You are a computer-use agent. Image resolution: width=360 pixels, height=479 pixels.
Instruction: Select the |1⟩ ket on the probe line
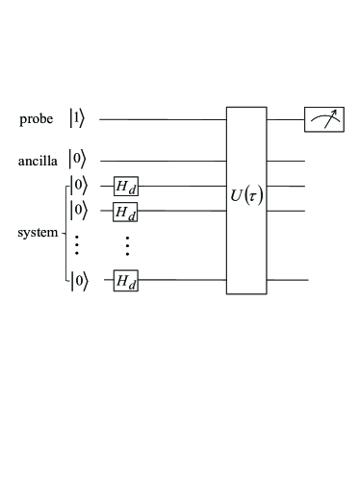click(78, 119)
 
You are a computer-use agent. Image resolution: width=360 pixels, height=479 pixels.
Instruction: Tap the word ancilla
click(38, 161)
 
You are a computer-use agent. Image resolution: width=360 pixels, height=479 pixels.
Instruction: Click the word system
click(38, 234)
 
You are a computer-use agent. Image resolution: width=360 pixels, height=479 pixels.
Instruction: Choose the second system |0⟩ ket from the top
click(79, 209)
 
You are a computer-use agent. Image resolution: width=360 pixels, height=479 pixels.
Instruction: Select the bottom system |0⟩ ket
click(79, 281)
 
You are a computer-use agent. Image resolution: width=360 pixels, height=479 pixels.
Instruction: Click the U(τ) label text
click(246, 198)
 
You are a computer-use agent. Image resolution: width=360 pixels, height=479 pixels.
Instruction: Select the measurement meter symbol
click(323, 119)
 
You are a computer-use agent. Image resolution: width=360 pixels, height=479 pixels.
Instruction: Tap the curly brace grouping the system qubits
click(65, 234)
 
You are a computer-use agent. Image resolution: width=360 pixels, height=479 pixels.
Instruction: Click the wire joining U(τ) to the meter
click(285, 119)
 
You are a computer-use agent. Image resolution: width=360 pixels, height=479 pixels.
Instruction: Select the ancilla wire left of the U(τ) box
click(164, 161)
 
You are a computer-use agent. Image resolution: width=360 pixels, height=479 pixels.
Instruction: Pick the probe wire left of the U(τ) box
click(164, 119)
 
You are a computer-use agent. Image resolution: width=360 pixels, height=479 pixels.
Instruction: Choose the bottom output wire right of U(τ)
click(287, 281)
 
